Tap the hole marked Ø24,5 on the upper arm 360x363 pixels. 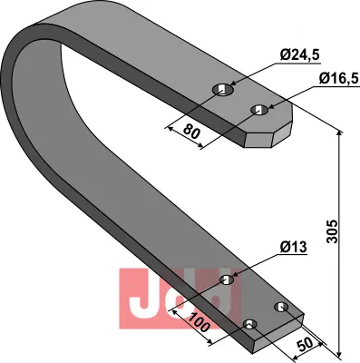(x=222, y=90)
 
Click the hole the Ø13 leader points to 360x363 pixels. (x=227, y=280)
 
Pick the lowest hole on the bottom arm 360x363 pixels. (x=251, y=325)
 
